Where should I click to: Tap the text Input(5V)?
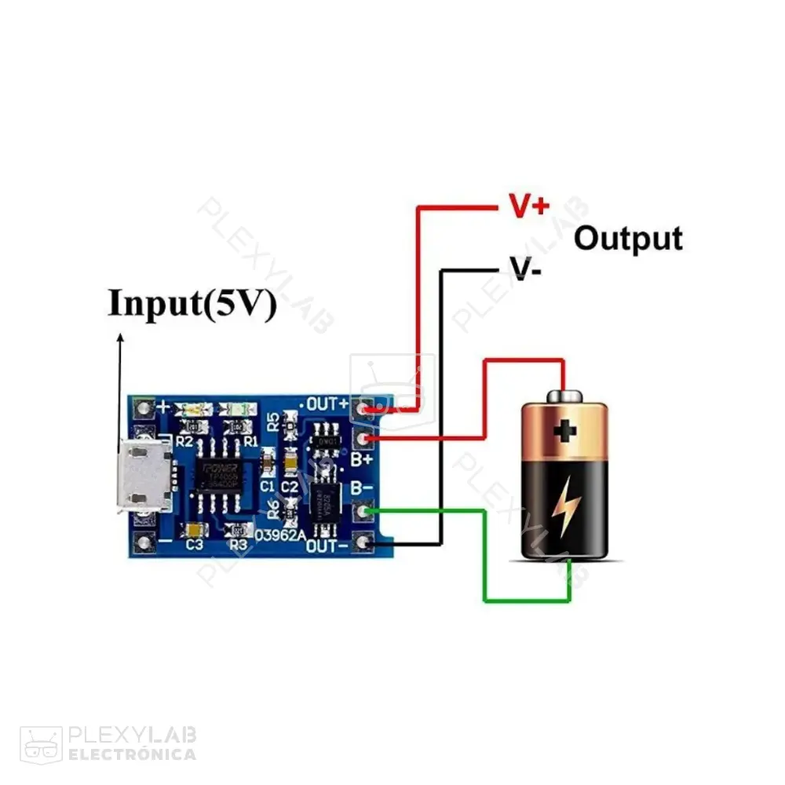point(192,304)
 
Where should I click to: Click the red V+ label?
point(529,206)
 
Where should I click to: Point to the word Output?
point(628,238)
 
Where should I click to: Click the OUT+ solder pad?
point(363,407)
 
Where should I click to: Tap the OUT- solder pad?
point(363,542)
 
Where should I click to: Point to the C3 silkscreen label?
point(194,544)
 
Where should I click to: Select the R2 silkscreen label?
point(185,443)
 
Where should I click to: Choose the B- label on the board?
point(361,487)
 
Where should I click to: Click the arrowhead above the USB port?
point(121,338)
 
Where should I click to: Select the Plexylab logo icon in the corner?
point(40,744)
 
